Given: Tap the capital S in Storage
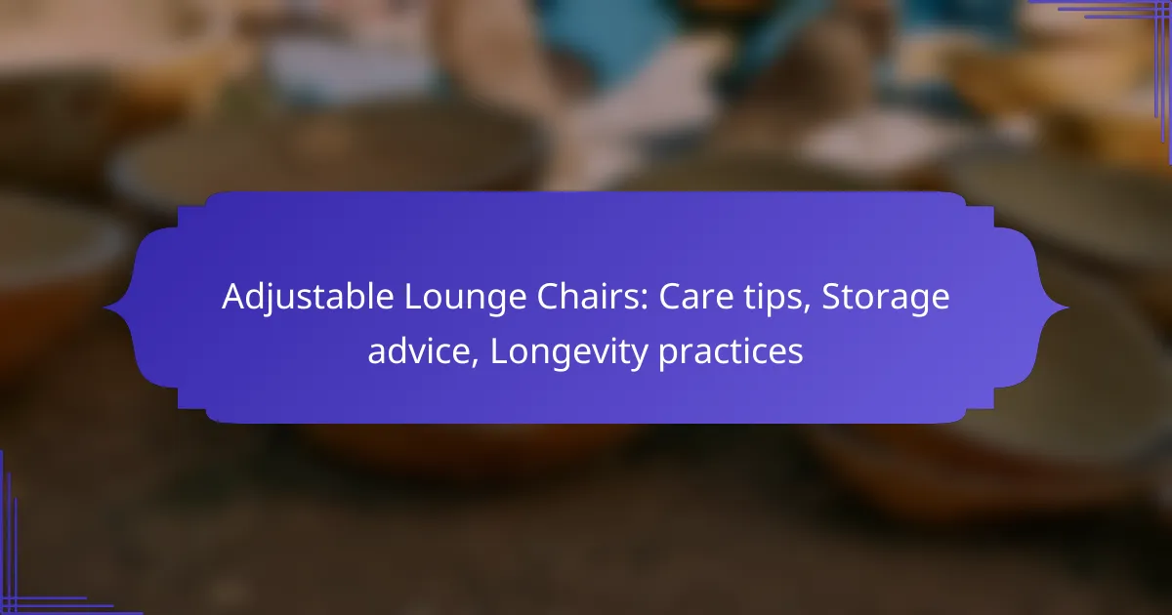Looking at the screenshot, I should pos(831,298).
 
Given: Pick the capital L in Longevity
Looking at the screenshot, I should pos(498,351).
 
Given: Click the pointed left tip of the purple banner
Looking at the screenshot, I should pos(105,308).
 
